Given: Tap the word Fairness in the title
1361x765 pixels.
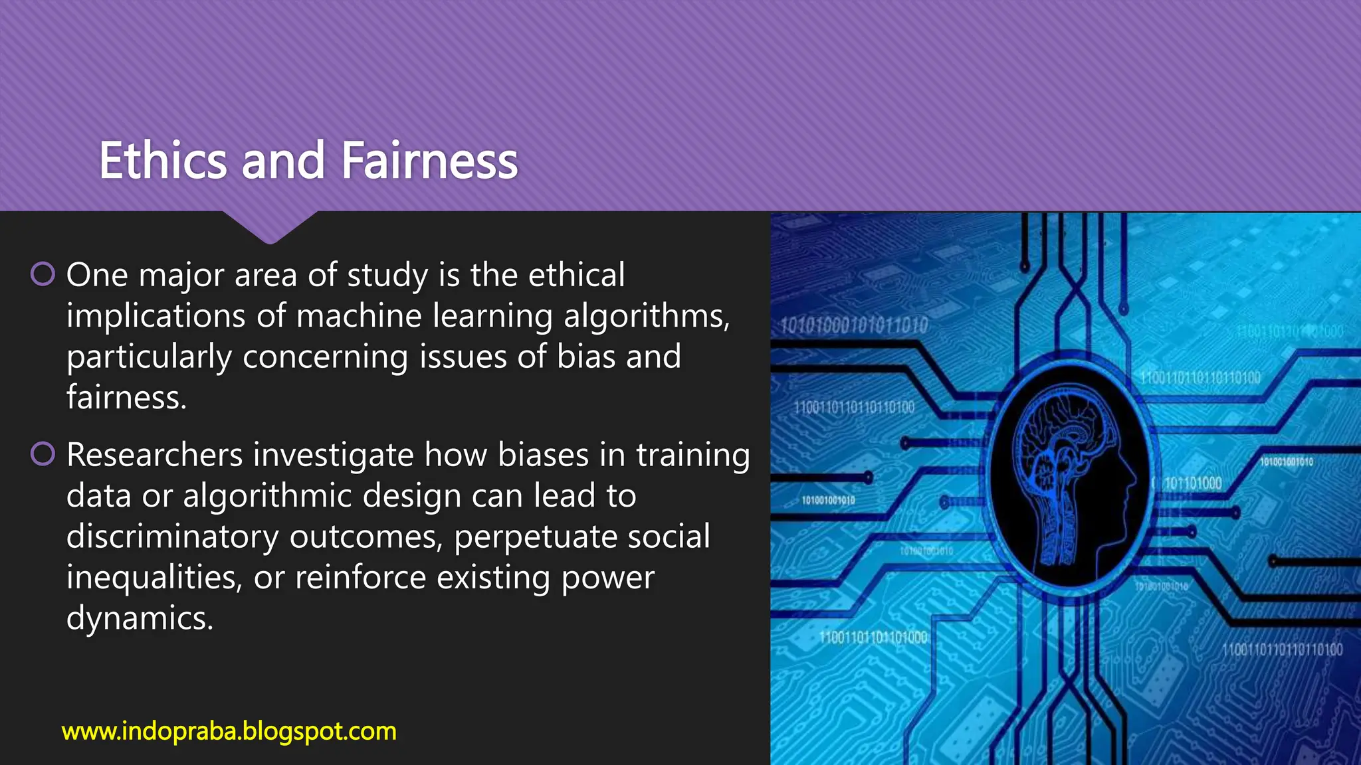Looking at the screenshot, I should coord(429,161).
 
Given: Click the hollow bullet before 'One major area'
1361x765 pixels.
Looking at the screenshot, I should coord(43,274).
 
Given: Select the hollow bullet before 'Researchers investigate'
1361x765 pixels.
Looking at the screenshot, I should coord(43,454).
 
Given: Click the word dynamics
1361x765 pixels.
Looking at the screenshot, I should coord(140,619).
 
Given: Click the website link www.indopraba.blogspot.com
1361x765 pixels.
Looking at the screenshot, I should coord(229,731).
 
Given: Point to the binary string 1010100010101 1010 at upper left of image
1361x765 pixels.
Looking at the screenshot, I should coord(854,325).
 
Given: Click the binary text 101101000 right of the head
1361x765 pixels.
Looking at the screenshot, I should coord(1193,483).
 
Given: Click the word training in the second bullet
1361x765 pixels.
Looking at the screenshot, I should coord(693,456).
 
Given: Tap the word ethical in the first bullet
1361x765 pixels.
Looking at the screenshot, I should coord(576,276).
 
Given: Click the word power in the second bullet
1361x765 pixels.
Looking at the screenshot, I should coord(607,578).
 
